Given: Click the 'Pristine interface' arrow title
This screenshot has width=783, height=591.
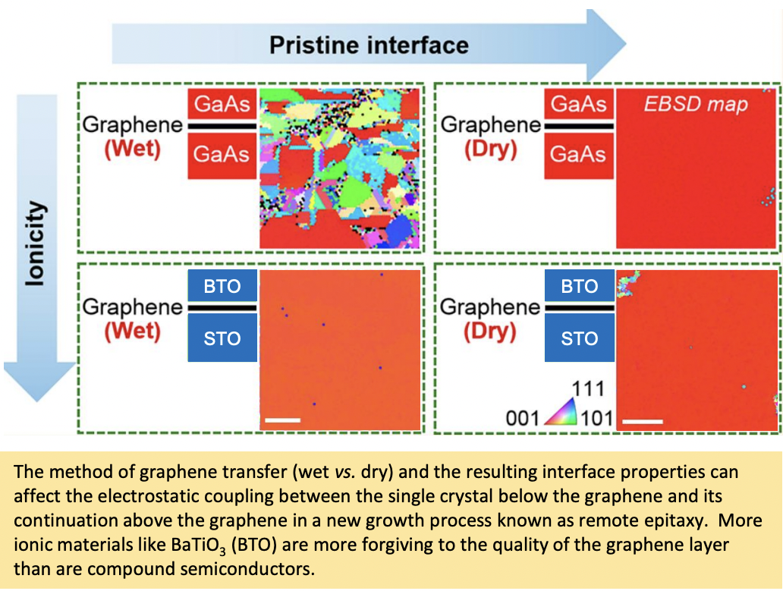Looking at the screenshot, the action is [x=369, y=46].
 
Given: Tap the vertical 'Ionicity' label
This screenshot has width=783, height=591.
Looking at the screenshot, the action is [x=36, y=244].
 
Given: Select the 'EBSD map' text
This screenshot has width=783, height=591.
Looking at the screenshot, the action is [x=696, y=105].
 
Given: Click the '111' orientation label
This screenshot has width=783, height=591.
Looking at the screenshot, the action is [x=588, y=388].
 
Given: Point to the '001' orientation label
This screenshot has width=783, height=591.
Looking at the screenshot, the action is [x=522, y=418].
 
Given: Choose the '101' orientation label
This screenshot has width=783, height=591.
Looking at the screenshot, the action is [x=597, y=418].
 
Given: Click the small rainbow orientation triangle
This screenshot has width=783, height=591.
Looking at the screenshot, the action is [x=561, y=412].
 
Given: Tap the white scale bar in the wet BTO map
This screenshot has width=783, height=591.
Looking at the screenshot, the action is [x=283, y=420].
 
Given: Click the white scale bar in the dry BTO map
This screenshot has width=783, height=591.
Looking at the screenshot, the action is [x=642, y=421].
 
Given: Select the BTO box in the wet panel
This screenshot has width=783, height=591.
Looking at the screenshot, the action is [x=222, y=285].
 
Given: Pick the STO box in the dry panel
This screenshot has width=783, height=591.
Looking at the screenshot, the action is [x=579, y=338].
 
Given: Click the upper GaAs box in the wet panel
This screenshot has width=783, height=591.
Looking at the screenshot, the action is [x=222, y=104].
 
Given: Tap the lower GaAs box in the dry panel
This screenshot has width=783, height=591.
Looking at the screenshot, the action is [x=578, y=154].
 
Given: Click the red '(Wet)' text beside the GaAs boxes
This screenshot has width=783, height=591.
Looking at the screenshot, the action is [x=132, y=149].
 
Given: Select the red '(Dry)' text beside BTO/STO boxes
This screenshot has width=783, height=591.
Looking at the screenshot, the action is [x=490, y=332].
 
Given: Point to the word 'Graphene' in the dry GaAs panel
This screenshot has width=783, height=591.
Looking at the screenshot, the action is [x=490, y=124].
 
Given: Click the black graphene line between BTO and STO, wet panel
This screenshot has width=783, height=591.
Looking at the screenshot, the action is [x=222, y=308].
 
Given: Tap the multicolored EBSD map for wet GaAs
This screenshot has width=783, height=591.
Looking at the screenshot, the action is [x=340, y=168].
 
